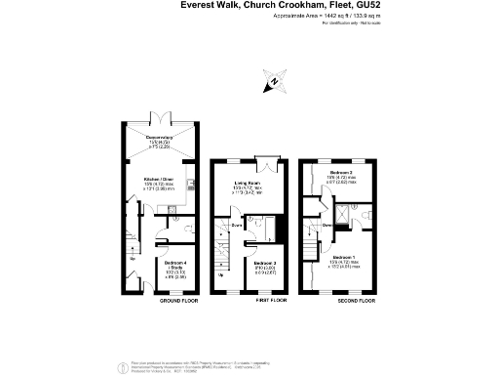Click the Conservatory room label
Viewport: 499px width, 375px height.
(x=159, y=139)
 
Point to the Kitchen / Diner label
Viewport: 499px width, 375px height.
(x=158, y=182)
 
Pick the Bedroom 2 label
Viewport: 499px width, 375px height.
(x=342, y=172)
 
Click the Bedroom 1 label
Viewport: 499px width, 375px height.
(x=342, y=261)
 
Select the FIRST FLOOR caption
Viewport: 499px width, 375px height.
(x=270, y=302)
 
